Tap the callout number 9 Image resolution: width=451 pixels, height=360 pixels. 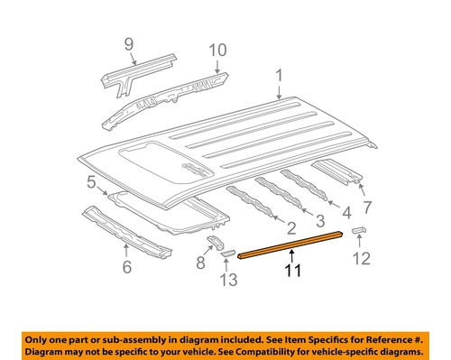coord(128,43)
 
